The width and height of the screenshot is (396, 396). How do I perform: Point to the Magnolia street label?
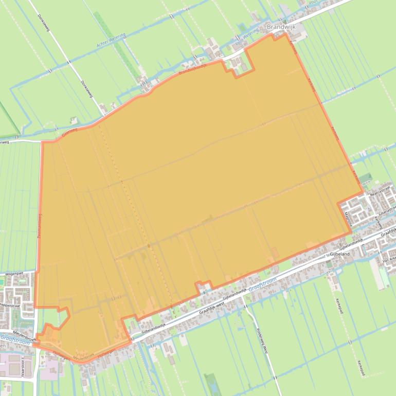coord(349,211)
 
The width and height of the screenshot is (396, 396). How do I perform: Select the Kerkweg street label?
coord(379,222)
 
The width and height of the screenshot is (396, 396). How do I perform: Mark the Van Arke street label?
coord(389,261)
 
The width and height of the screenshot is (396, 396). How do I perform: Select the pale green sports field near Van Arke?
coord(384,278)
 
